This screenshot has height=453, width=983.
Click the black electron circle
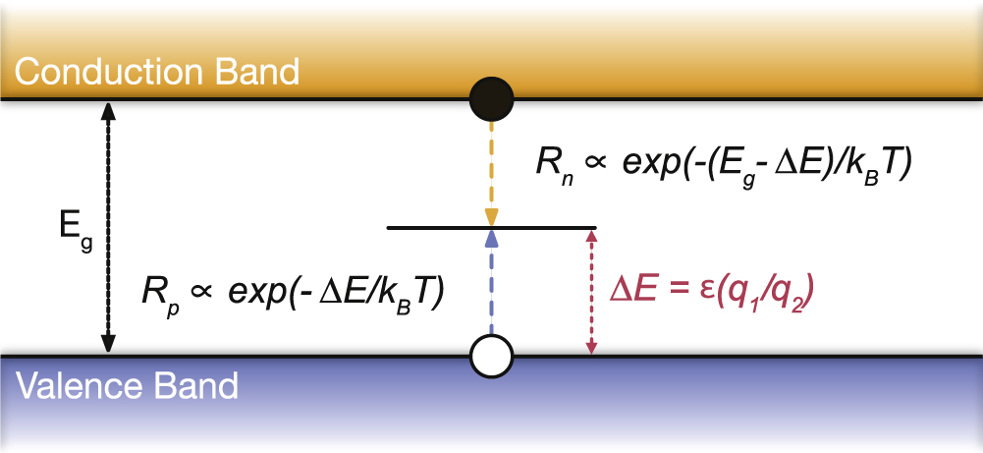click(491, 99)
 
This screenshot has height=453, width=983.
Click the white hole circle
click(491, 356)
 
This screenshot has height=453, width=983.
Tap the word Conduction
click(108, 72)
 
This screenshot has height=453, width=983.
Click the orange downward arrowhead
click(491, 216)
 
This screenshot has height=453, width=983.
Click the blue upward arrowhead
click(491, 237)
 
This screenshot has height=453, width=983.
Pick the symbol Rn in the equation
click(552, 166)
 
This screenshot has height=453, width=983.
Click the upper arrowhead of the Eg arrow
click(108, 110)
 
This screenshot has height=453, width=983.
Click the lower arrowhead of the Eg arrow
click(108, 344)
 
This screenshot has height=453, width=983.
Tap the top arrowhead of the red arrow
click(590, 236)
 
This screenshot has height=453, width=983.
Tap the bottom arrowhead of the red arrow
click(590, 347)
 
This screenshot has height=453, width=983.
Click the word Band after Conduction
click(256, 72)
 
